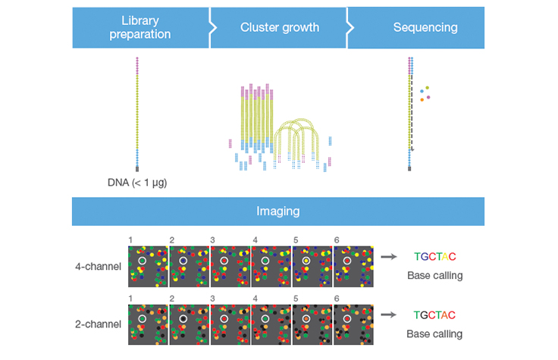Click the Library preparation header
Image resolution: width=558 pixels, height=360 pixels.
click(140, 28)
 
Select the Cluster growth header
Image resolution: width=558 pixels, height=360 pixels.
click(280, 28)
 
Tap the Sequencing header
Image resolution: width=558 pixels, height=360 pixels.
click(425, 28)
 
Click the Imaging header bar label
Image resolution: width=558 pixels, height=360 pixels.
click(278, 211)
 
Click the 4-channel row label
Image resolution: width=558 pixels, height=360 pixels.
click(98, 267)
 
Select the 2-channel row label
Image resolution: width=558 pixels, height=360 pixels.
click(98, 324)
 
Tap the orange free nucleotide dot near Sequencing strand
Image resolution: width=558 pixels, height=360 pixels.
click(422, 99)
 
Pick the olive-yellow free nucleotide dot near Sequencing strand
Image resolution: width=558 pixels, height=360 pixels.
click(427, 87)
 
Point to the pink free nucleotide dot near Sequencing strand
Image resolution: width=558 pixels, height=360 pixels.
click(428, 97)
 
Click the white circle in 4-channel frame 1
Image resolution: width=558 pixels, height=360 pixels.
click(142, 261)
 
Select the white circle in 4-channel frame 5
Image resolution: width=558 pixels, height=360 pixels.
click(306, 261)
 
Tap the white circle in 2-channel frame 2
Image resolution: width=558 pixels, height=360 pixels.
click(183, 319)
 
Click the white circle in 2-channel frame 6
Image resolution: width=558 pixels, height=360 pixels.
click(346, 319)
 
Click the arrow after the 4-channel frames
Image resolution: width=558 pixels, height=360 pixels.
click(388, 257)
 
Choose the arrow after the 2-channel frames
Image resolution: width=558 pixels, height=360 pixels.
click(388, 315)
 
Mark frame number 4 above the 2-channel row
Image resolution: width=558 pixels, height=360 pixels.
click(254, 298)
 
